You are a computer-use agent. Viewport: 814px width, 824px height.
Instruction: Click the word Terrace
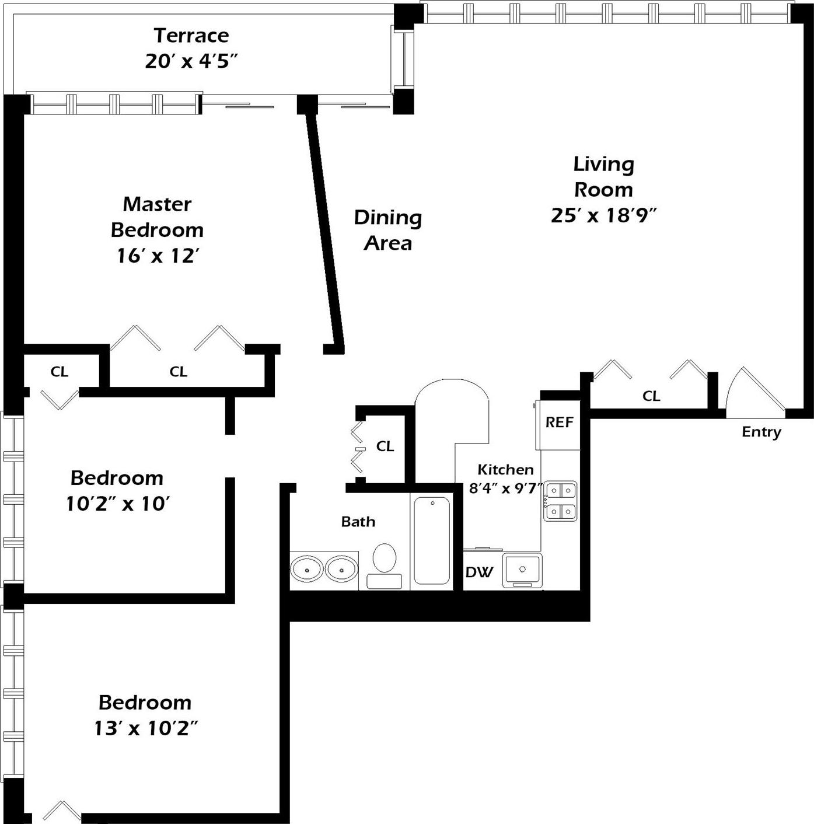(x=191, y=36)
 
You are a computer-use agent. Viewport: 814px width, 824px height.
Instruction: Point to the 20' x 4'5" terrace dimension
(x=191, y=61)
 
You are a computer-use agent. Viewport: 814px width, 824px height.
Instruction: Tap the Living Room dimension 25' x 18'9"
(x=603, y=215)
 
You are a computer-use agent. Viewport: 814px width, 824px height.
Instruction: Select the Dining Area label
(x=387, y=230)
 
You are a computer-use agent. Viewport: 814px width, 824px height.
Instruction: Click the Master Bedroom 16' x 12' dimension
(x=158, y=256)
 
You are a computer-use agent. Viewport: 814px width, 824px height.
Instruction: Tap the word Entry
(x=761, y=432)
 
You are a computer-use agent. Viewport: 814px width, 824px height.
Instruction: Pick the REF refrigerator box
(x=558, y=423)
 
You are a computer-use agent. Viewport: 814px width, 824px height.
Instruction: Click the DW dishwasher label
(x=479, y=572)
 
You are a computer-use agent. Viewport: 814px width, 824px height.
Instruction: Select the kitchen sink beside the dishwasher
(x=522, y=570)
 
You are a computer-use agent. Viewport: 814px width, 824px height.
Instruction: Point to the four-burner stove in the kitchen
(x=560, y=501)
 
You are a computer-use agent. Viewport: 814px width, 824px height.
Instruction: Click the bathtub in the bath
(x=432, y=540)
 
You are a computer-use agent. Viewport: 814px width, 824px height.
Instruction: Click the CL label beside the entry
(x=651, y=396)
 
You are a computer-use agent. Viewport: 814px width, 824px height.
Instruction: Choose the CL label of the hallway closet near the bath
(x=385, y=446)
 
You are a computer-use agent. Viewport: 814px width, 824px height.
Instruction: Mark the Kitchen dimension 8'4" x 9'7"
(x=505, y=488)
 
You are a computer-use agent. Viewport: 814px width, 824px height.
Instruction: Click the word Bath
(x=358, y=522)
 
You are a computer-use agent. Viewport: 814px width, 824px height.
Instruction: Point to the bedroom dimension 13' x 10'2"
(x=146, y=728)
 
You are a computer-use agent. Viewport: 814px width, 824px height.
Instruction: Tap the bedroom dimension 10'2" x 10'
(x=117, y=504)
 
